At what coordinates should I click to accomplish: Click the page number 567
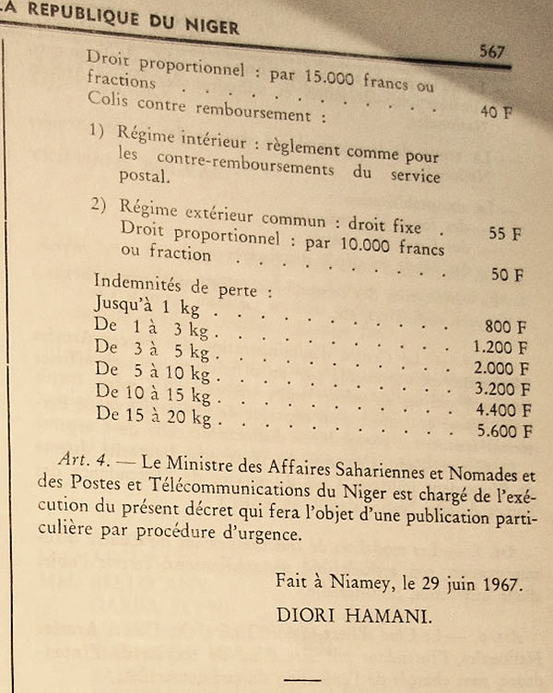click(493, 53)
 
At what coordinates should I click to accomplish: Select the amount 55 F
click(504, 234)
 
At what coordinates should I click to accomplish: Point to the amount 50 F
click(507, 275)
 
